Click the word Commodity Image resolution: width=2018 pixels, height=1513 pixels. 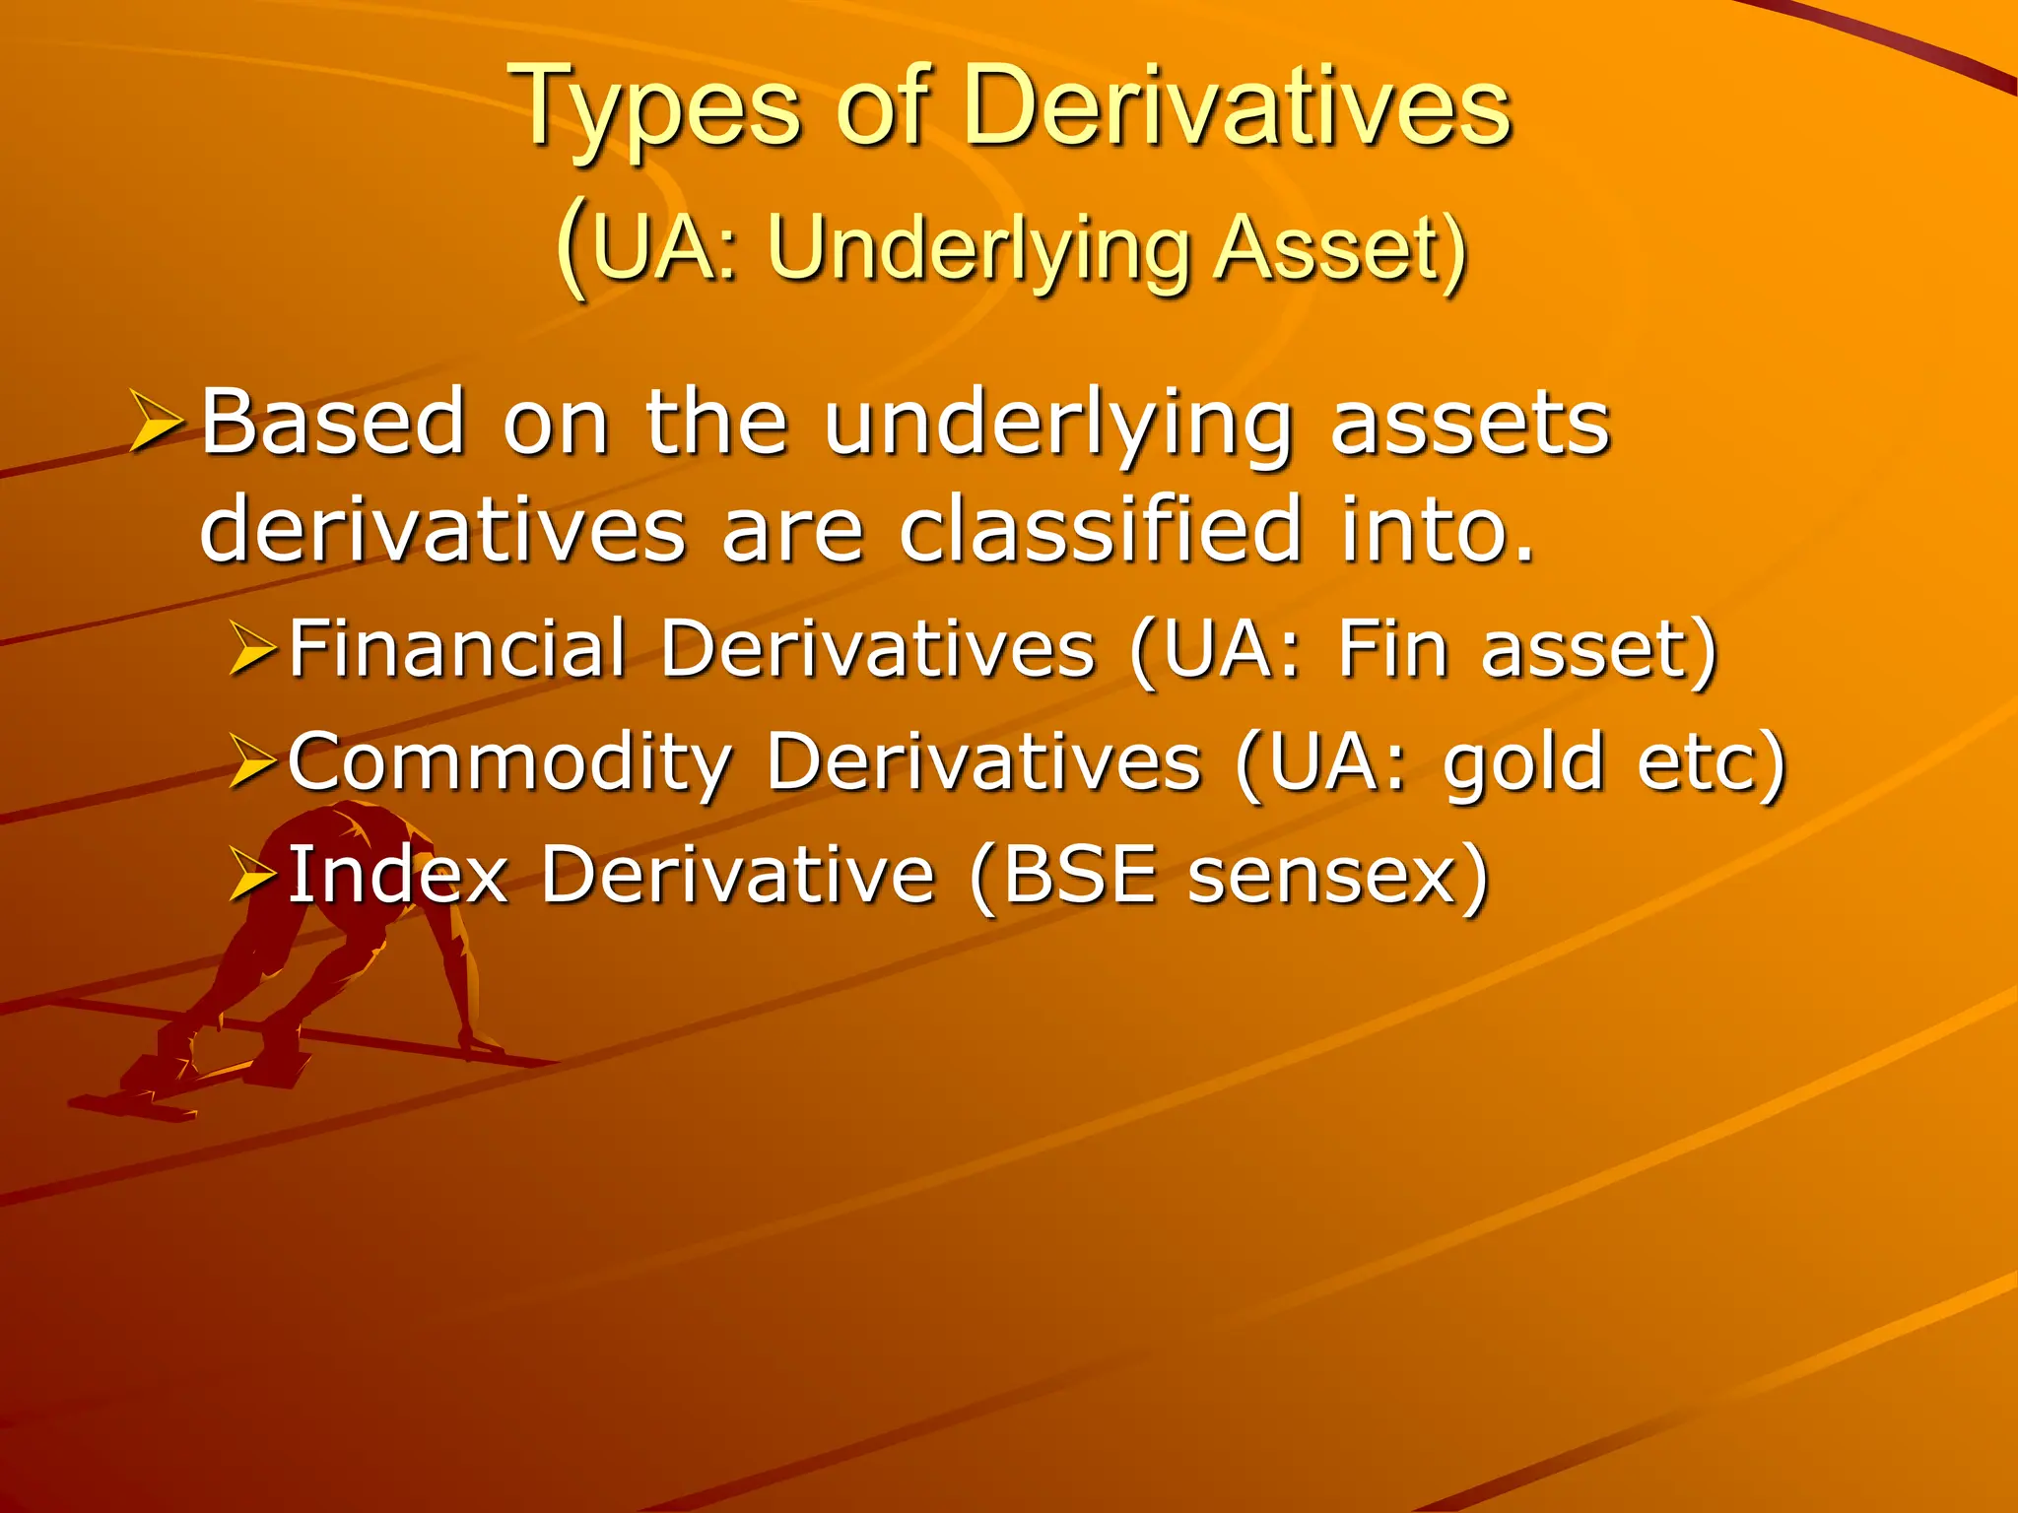click(510, 762)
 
